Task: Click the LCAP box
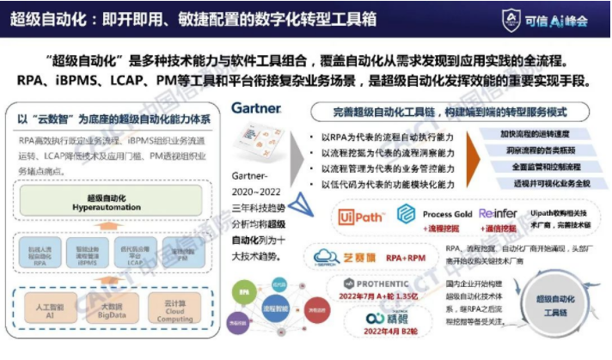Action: pyautogui.click(x=134, y=254)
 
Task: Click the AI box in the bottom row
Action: pyautogui.click(x=52, y=308)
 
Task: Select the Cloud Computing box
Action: pyautogui.click(x=171, y=308)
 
